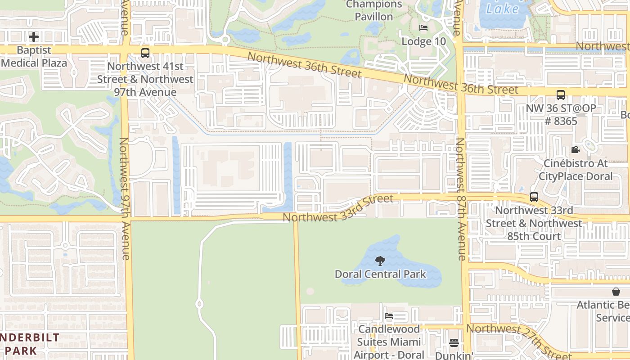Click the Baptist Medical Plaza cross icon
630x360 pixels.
pos(34,37)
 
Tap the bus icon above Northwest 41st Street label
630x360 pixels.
pos(145,53)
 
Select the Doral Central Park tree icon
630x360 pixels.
pos(380,261)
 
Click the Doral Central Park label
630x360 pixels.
pos(380,274)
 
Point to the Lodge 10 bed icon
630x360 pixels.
pos(423,28)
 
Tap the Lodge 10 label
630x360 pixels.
pos(423,41)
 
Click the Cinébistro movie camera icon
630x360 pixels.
pos(575,149)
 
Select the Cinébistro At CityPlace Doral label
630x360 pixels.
pos(576,170)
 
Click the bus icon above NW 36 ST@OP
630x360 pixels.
pos(561,95)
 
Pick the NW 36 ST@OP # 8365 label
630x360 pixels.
pos(561,115)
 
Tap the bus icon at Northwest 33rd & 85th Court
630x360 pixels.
pos(534,197)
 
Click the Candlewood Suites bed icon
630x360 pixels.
pos(389,316)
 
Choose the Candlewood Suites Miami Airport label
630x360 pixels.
pos(389,342)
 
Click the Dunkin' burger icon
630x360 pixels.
pos(454,343)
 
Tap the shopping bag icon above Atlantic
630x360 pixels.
pos(616,292)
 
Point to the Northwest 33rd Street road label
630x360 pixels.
pos(338,208)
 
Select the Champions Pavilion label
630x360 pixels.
pos(374,10)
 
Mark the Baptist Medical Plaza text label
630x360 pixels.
pos(34,57)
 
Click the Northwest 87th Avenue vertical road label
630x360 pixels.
pos(461,199)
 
